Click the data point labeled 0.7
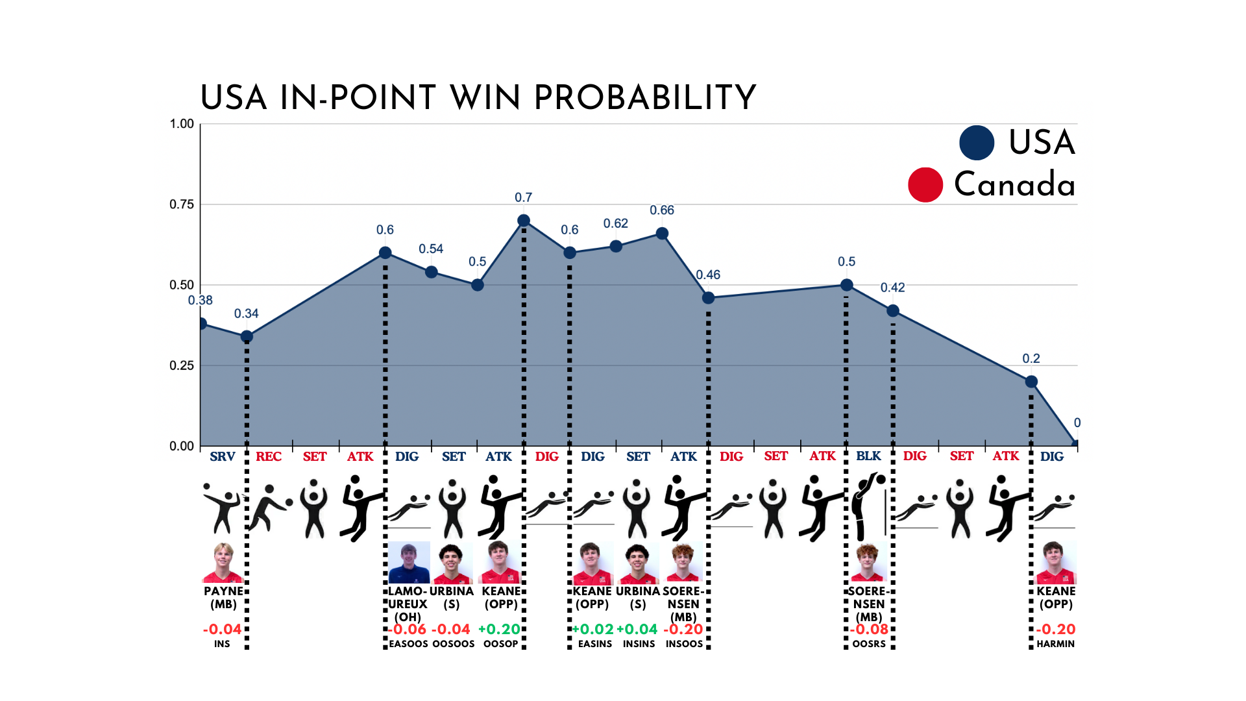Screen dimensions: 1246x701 (524, 221)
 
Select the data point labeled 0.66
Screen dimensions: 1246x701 (662, 234)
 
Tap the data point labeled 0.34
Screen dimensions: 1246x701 (247, 336)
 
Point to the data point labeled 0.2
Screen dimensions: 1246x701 (1031, 382)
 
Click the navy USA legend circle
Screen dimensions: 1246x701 (977, 143)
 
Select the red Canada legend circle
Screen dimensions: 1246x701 (925, 185)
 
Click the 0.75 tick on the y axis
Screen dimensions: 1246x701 (182, 204)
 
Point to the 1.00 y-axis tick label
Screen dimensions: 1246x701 (182, 124)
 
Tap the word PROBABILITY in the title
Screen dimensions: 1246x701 (645, 98)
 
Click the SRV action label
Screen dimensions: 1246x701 (223, 456)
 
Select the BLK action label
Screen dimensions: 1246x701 (868, 456)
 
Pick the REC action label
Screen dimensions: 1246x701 (269, 456)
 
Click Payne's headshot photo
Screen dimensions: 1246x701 (223, 563)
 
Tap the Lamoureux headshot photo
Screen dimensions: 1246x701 (409, 562)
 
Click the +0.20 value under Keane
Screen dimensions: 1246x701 (499, 630)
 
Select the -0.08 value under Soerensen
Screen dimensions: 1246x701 (870, 630)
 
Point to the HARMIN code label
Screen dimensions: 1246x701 (1056, 644)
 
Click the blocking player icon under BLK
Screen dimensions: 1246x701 (869, 507)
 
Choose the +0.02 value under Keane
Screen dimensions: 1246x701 (592, 630)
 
